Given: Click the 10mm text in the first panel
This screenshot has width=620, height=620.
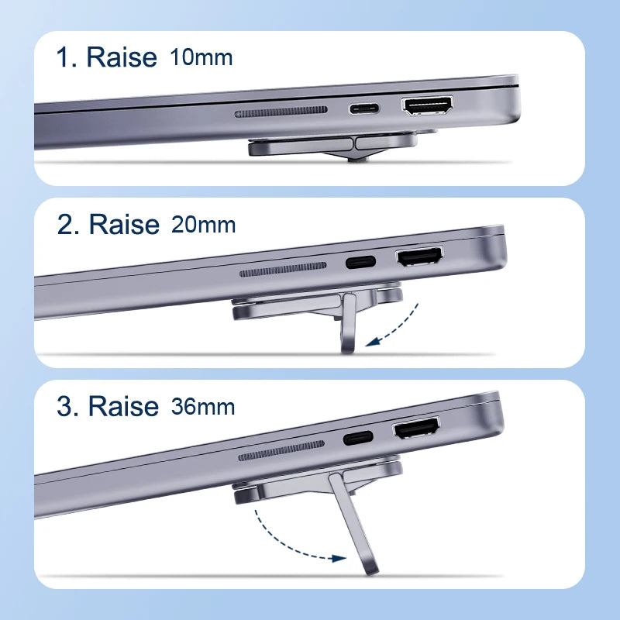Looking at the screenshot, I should (201, 57).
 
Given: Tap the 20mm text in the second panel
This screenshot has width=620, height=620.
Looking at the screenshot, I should (203, 226).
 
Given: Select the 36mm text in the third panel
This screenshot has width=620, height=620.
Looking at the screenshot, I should (202, 407).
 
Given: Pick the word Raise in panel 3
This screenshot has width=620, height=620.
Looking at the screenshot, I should (123, 406).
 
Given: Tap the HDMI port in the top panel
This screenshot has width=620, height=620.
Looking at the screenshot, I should (427, 107).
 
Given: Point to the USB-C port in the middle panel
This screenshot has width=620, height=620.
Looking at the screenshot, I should (360, 262).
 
